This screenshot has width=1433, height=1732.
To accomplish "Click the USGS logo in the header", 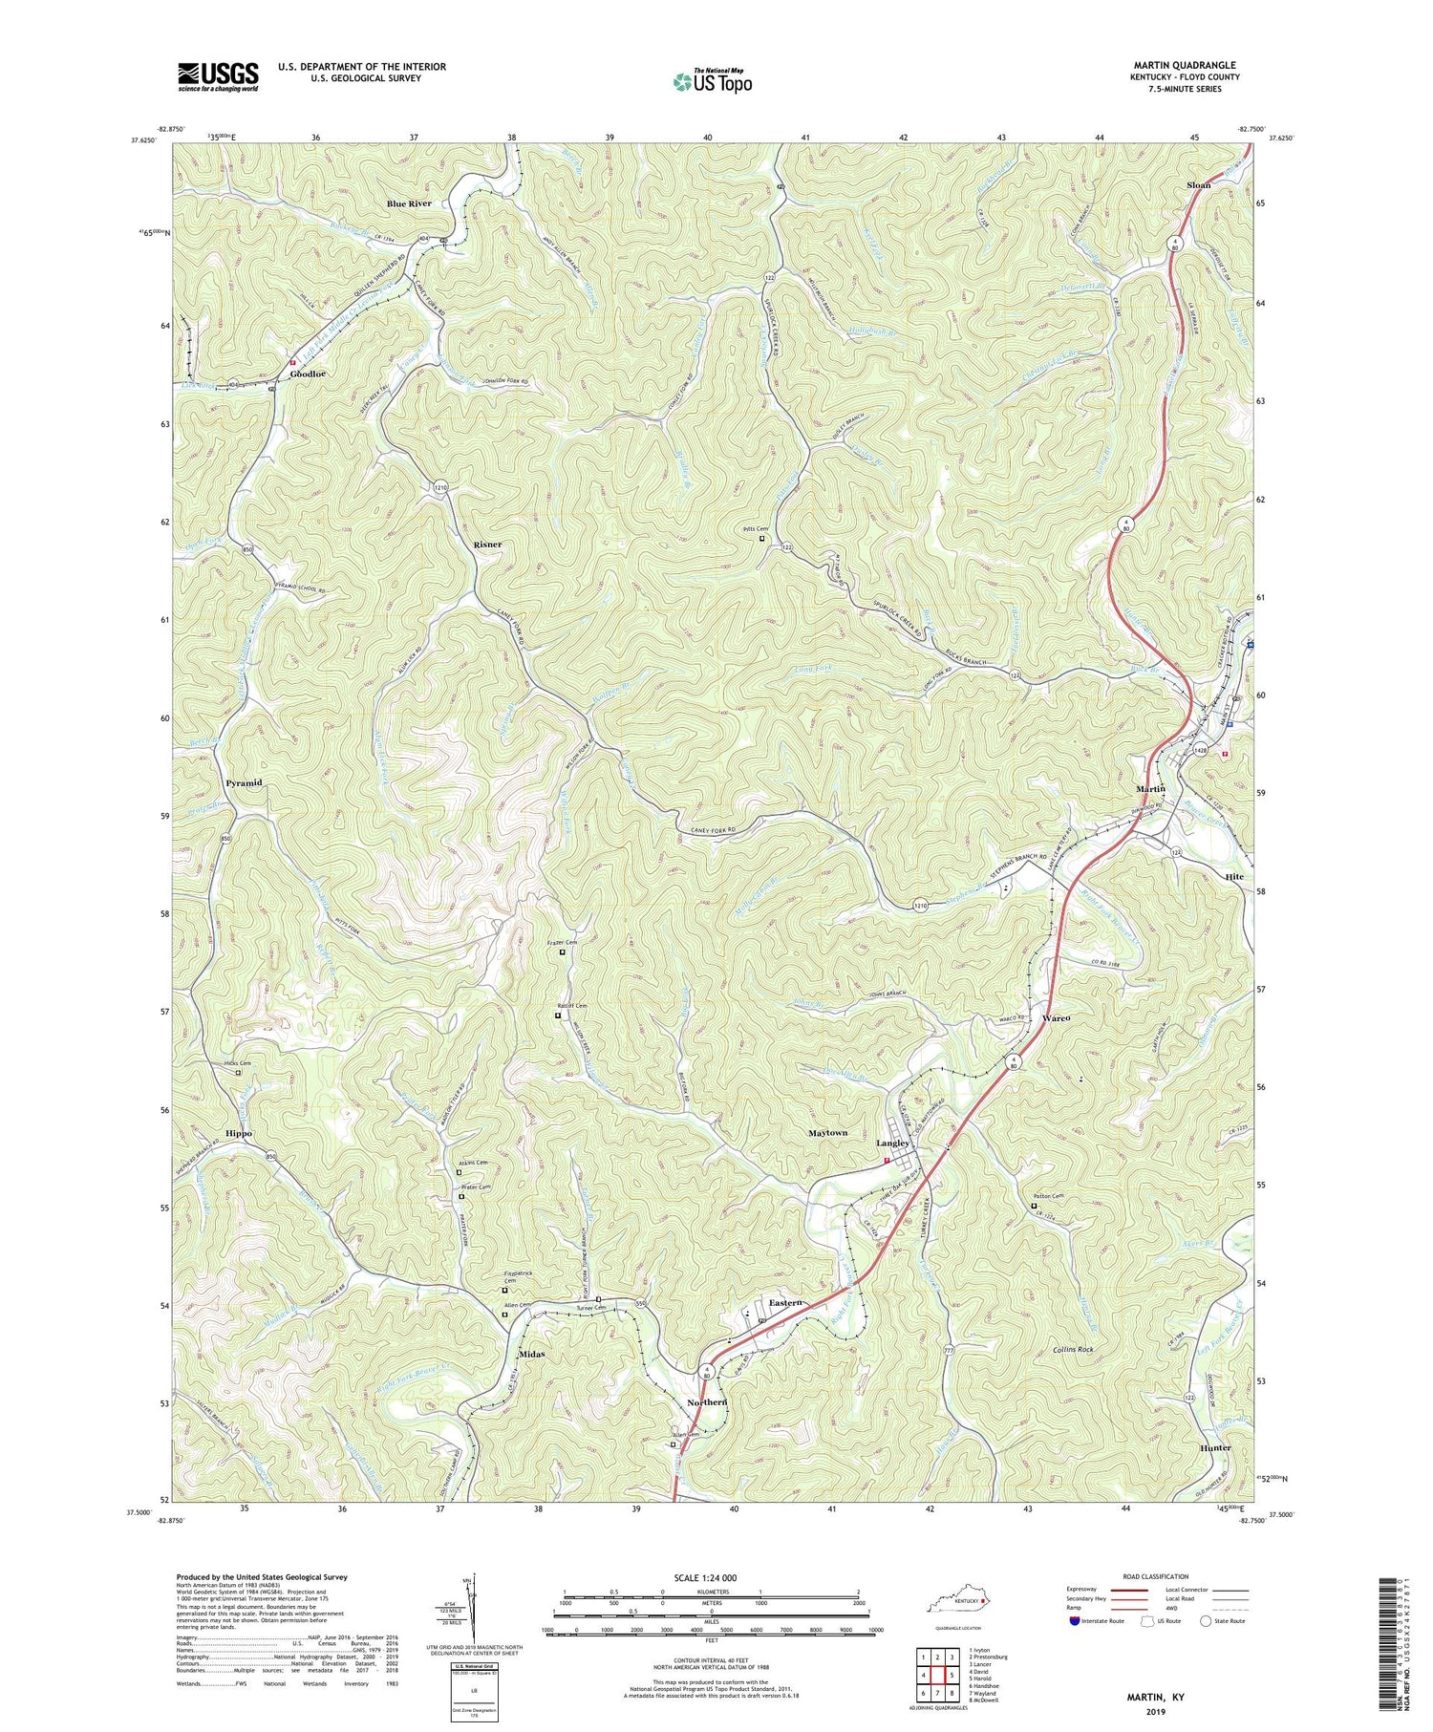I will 218,76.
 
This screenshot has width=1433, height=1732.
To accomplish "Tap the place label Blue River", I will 409,203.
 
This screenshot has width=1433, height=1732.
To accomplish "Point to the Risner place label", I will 487,544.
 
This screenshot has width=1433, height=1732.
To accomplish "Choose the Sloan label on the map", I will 1198,185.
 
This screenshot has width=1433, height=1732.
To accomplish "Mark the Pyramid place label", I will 244,782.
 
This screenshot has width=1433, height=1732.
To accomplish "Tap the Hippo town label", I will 239,1133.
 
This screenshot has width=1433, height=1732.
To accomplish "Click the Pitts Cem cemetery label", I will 757,528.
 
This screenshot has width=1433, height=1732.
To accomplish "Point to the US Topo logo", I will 712,81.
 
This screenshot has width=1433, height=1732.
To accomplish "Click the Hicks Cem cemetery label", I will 238,1063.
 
